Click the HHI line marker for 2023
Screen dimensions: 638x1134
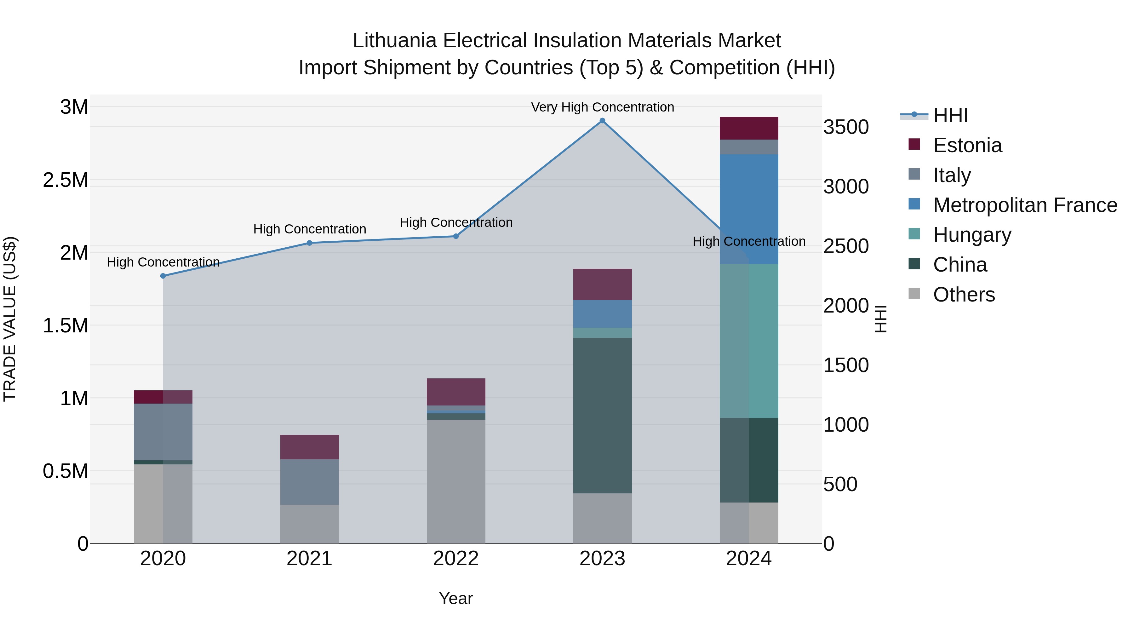[602, 121]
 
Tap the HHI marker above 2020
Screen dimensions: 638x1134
[163, 276]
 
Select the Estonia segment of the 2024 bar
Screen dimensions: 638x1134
[749, 128]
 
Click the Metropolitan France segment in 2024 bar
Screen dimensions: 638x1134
[749, 209]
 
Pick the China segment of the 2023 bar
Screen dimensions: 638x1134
[602, 415]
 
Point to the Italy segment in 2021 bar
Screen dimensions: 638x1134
[309, 482]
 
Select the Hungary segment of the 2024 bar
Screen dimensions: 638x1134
[749, 341]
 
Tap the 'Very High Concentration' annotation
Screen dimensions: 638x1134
[602, 107]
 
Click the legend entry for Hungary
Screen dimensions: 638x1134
[972, 235]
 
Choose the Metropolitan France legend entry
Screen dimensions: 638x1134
[1025, 205]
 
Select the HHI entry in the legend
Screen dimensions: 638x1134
[950, 115]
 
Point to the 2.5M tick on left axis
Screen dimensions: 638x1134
[66, 181]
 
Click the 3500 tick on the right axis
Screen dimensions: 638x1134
[846, 127]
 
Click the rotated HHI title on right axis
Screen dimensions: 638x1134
[880, 319]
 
